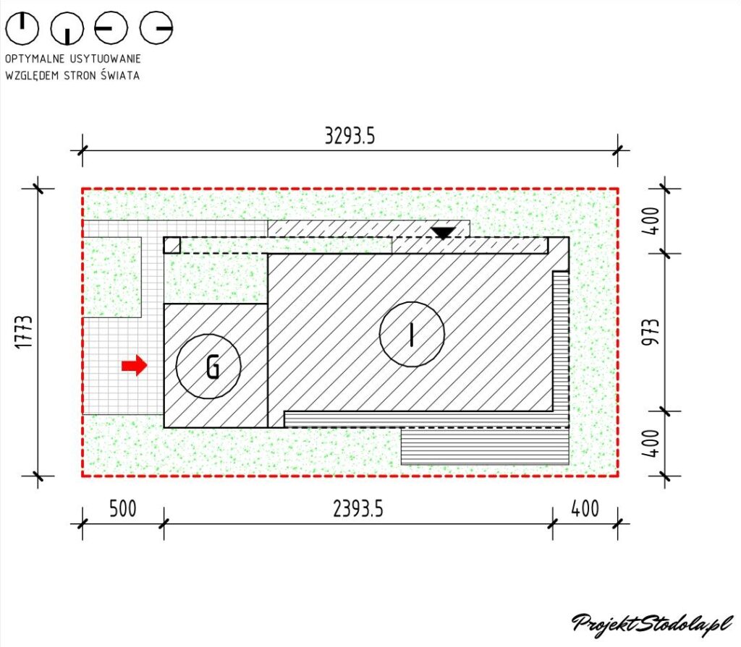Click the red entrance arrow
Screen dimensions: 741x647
click(135, 365)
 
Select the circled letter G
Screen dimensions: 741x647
click(208, 366)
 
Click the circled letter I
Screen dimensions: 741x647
click(412, 335)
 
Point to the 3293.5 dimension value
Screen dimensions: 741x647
click(350, 136)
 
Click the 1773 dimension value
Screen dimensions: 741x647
click(24, 332)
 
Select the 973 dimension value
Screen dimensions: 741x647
click(651, 332)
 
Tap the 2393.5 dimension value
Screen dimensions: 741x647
click(358, 509)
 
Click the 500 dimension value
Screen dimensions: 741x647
click(123, 509)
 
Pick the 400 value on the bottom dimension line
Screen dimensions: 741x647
click(585, 509)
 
